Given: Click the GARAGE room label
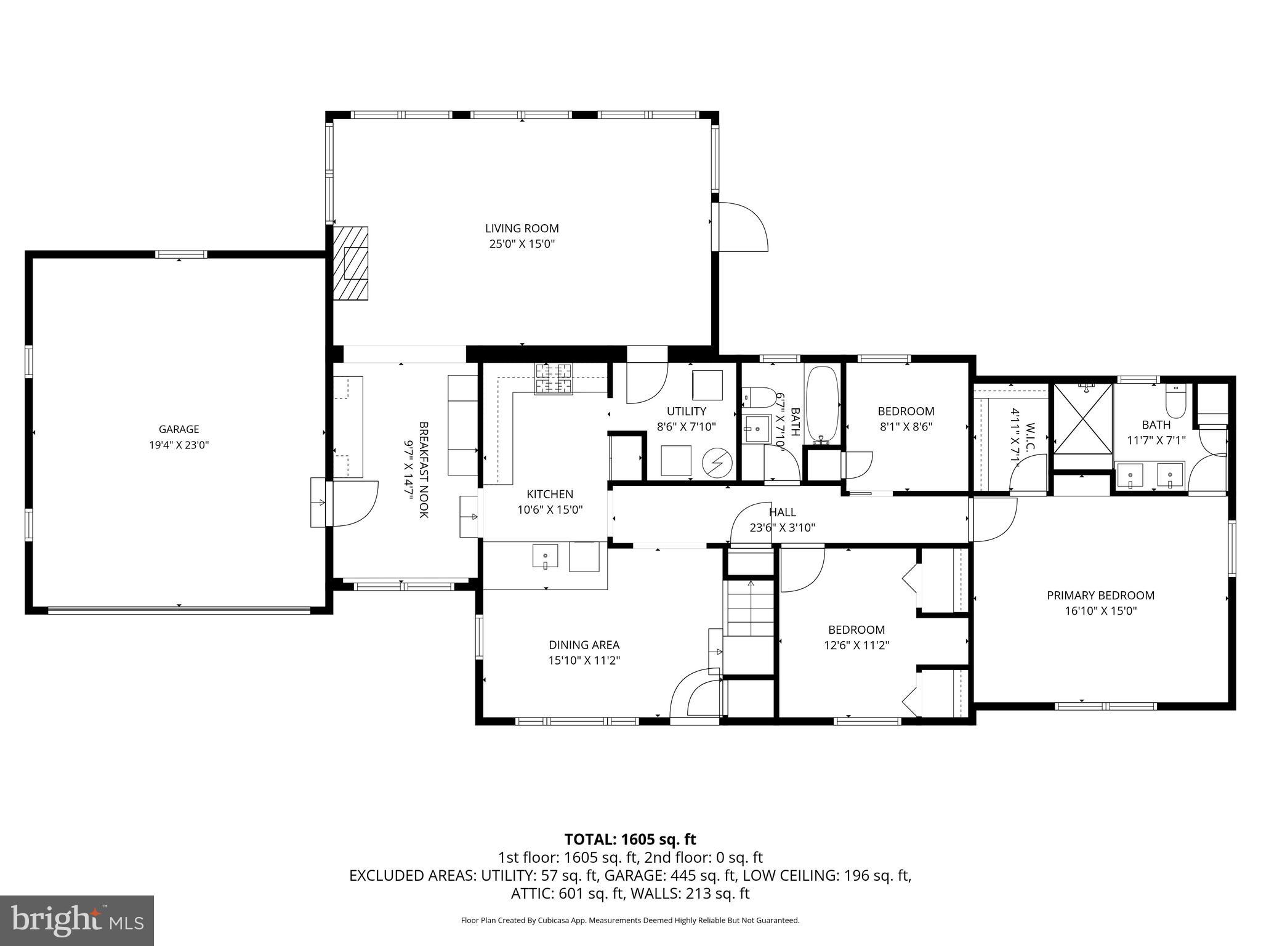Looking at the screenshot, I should tap(179, 429).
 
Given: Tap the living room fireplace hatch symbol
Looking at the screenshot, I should tap(350, 263).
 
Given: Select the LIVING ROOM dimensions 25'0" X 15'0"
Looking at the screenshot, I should tap(522, 244).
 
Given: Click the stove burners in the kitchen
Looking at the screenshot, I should tap(553, 379).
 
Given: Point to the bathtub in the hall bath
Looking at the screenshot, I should tap(823, 405).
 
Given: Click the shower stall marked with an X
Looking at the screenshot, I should tap(1082, 418).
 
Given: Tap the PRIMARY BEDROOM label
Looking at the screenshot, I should tap(1100, 595).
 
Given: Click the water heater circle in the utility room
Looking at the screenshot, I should tap(717, 461).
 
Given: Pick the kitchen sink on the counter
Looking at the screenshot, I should tap(545, 556).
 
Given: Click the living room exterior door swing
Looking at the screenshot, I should tap(742, 227).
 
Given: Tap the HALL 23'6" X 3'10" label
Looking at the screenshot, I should tap(782, 519).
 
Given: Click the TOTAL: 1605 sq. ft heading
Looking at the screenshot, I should tap(630, 839).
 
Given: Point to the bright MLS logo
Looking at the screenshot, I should tap(77, 920).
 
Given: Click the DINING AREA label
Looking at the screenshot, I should tap(584, 645).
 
